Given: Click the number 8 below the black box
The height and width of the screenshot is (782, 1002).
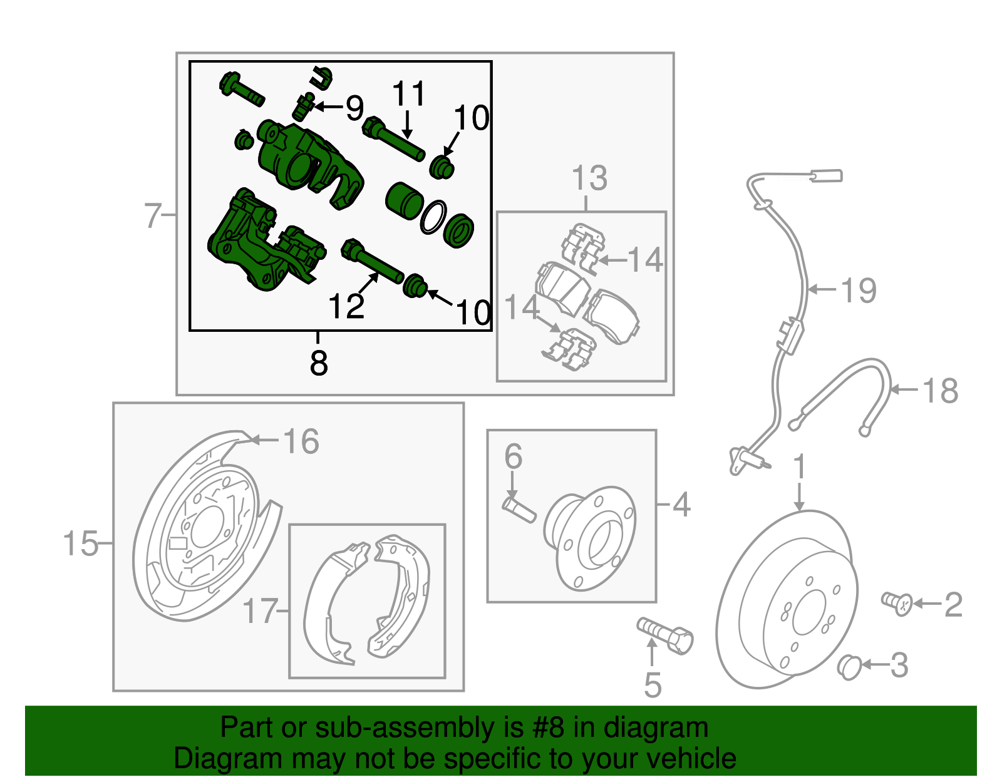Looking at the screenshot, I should (318, 363).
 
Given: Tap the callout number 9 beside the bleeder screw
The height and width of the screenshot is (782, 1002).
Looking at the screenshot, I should (354, 108).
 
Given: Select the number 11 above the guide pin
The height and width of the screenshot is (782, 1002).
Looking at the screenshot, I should (408, 95).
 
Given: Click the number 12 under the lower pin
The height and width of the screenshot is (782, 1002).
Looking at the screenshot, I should (346, 307).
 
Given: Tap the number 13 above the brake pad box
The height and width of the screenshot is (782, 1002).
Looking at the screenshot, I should (589, 178).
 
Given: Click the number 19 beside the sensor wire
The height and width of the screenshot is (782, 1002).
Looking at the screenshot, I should (859, 291).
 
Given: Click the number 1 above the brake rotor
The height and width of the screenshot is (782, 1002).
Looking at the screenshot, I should (799, 468).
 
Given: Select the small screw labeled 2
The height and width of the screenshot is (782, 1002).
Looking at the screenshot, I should (897, 603).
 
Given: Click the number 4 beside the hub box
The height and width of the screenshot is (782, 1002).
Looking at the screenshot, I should (681, 505).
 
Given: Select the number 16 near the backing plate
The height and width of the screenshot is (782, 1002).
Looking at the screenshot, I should (301, 441).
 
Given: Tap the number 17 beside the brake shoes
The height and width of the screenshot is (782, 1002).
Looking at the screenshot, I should (260, 611).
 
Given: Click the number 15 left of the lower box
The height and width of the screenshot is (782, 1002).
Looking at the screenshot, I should (81, 543).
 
